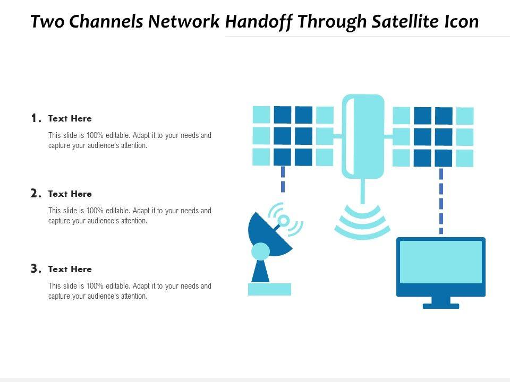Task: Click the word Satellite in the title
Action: pos(405,21)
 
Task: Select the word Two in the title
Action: pos(47,21)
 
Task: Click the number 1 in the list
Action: pos(36,118)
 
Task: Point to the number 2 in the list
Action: pos(36,193)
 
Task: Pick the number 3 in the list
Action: pos(36,268)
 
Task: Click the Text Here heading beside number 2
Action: pos(70,194)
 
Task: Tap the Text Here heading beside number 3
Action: pos(70,270)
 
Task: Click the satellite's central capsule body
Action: pos(363,136)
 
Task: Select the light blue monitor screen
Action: pos(441,262)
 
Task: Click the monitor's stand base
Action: pos(441,306)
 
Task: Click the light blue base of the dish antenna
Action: pos(270,289)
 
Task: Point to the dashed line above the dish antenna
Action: pos(283,179)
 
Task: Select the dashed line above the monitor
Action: pos(441,201)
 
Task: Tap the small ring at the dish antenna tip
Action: pos(284,221)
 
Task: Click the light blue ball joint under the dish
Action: pos(261,251)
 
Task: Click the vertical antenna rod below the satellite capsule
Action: pos(363,191)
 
